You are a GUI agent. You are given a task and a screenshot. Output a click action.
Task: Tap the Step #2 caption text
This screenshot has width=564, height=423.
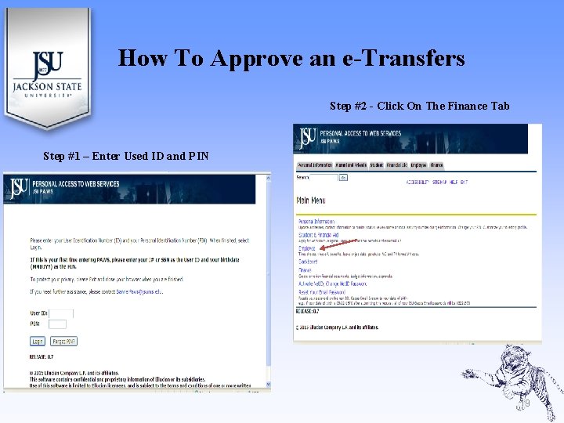[419, 106]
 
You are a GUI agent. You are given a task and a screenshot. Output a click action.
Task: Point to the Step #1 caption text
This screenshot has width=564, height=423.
[125, 156]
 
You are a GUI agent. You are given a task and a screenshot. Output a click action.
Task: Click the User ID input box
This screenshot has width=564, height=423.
[61, 313]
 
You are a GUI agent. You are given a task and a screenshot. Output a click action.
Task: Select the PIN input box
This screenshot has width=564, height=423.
[58, 324]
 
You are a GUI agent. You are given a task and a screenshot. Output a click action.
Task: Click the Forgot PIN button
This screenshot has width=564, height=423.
[63, 342]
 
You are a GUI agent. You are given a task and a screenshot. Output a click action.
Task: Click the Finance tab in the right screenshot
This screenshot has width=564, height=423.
[436, 165]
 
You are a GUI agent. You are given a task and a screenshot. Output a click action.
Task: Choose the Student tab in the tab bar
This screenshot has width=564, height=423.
[377, 165]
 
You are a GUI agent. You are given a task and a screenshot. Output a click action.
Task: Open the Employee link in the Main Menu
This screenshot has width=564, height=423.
[306, 248]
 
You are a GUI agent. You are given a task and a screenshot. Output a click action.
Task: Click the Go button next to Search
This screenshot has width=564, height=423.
[343, 178]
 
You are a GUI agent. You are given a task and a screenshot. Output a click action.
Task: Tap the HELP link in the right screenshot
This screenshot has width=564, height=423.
[452, 182]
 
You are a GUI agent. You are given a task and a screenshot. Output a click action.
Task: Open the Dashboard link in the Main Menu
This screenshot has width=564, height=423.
[308, 262]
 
